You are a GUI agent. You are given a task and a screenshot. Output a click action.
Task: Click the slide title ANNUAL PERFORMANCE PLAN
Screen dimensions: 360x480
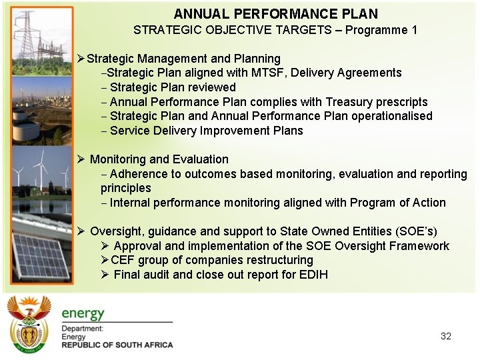275,14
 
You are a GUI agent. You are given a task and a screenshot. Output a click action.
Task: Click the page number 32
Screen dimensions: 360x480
446,336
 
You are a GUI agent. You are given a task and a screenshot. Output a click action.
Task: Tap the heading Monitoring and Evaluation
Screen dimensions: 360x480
159,159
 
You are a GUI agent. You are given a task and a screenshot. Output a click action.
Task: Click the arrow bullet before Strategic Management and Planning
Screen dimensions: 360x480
81,59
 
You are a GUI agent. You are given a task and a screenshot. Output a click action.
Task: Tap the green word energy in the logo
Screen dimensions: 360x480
83,314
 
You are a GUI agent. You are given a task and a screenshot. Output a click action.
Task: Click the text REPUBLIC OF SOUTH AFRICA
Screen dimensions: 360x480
117,345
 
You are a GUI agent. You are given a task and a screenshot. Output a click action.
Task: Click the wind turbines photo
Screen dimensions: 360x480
37,173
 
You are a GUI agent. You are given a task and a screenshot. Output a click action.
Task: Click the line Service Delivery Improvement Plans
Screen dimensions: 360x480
206,131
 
